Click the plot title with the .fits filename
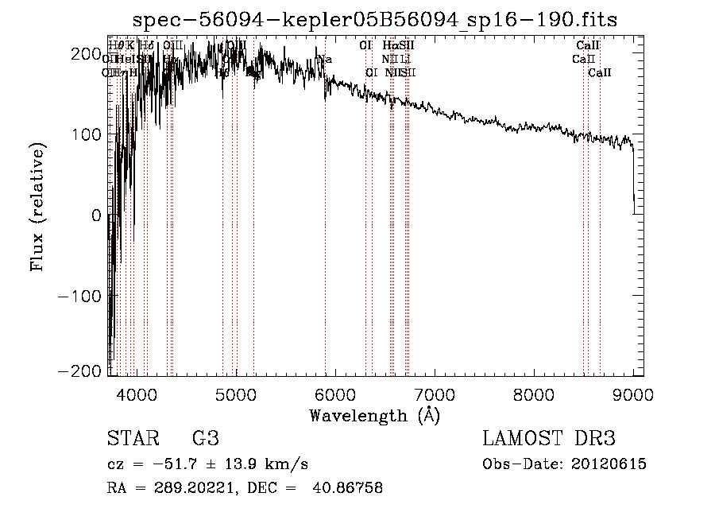tap(375, 19)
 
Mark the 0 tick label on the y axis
tap(95, 215)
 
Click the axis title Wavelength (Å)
tap(375, 415)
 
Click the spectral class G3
tap(205, 439)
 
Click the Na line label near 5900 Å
tap(324, 59)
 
